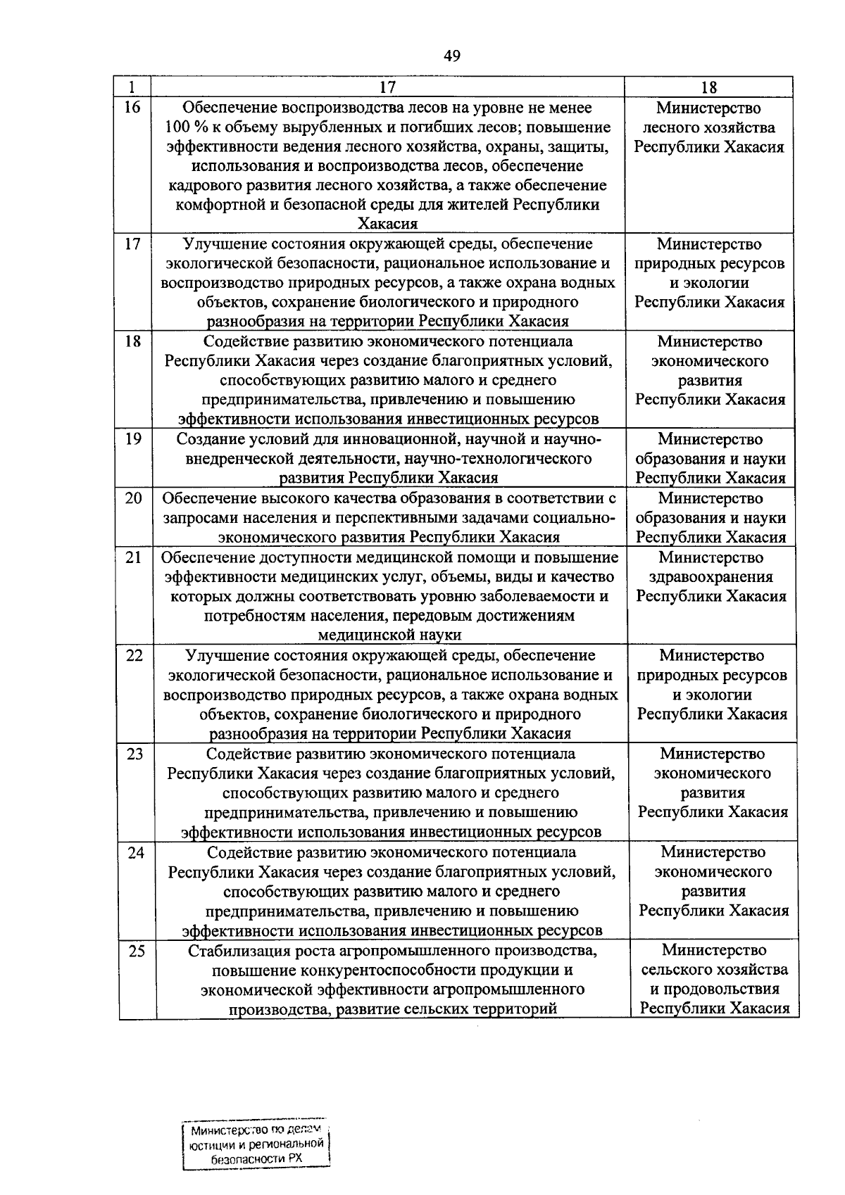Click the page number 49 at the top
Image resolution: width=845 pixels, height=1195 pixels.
[x=452, y=56]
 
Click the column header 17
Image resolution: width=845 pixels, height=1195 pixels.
[x=387, y=87]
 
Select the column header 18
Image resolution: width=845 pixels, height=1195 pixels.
[x=708, y=87]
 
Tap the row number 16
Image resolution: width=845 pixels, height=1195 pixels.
[x=132, y=108]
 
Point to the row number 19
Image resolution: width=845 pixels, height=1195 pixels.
[x=133, y=439]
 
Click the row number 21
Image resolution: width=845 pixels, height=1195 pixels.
[x=134, y=557]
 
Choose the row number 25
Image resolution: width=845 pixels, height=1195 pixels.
[x=137, y=951]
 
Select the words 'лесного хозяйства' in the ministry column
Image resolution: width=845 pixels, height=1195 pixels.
[x=709, y=127]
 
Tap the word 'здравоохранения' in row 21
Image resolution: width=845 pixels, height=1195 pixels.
[x=711, y=577]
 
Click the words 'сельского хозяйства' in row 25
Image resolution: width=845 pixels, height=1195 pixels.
[x=714, y=970]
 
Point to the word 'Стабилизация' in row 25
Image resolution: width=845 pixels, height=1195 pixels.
[x=237, y=951]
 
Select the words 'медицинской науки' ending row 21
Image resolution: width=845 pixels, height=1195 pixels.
[x=390, y=635]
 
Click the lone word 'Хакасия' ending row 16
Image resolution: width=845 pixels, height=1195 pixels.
[x=388, y=224]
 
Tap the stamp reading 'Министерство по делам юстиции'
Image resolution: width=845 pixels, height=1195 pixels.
[x=255, y=1144]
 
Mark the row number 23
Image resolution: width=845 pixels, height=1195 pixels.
[x=134, y=754]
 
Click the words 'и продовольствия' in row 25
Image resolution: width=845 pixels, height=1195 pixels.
[x=714, y=989]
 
